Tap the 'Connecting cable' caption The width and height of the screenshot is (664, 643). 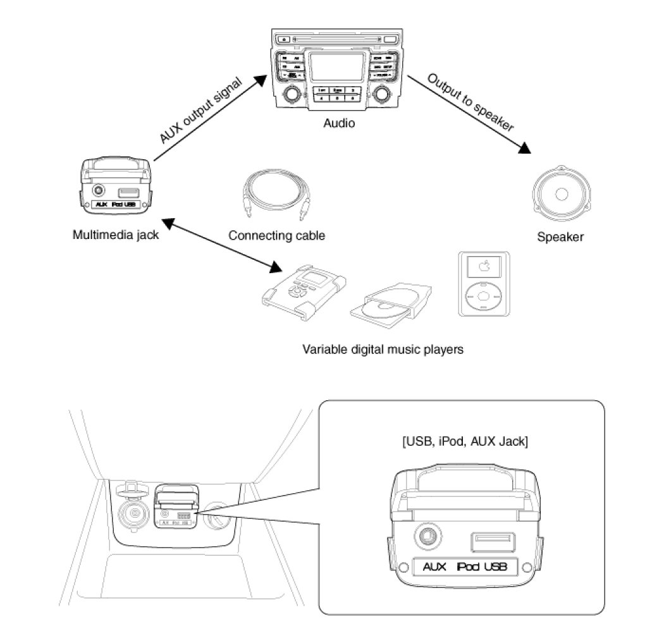276,236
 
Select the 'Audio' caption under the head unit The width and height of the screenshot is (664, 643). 339,123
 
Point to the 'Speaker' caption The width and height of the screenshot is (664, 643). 560,238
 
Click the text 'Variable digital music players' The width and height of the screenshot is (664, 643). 383,349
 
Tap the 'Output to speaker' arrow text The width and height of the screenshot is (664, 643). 470,102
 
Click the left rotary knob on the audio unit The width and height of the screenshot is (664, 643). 292,95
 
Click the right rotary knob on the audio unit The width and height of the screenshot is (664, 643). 381,95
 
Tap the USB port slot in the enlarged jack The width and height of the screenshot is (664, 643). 493,541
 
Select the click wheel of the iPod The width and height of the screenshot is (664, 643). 484,296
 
